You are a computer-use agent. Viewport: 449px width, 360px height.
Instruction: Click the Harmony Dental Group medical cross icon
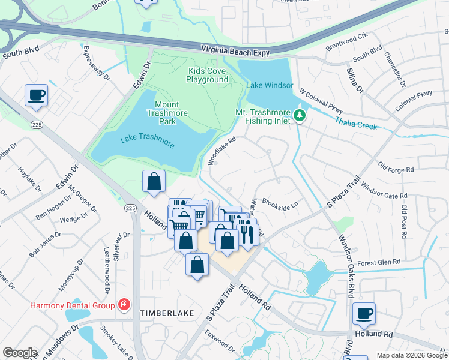point(124,305)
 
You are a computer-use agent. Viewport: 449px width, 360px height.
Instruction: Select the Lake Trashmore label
point(147,139)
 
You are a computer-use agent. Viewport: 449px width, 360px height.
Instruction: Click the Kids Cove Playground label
point(207,75)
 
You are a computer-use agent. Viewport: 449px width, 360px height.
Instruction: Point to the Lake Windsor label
point(270,85)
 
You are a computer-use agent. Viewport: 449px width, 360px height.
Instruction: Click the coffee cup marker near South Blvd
point(37,95)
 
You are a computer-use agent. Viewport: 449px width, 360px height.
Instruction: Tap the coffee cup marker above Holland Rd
point(363,313)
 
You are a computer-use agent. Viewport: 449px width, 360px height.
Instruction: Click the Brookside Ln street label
point(280,205)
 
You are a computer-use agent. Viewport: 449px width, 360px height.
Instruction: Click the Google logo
point(20,353)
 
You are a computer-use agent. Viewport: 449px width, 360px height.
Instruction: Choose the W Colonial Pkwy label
point(321,103)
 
